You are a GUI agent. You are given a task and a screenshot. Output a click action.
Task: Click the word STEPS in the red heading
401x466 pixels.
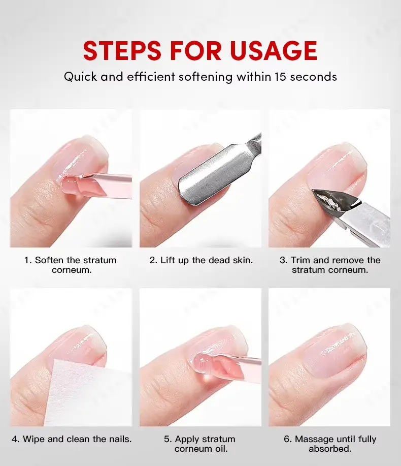pyautogui.click(x=122, y=50)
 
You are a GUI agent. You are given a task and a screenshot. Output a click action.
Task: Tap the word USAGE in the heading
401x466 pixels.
pyautogui.click(x=274, y=50)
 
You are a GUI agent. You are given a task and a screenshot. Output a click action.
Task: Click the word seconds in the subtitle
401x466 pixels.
pyautogui.click(x=313, y=77)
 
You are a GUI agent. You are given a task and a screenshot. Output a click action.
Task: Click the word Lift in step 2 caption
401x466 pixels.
pyautogui.click(x=168, y=260)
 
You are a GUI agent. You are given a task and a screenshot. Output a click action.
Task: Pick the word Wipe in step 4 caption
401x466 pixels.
pyautogui.click(x=34, y=439)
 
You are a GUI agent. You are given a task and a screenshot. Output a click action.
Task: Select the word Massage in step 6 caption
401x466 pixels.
pyautogui.click(x=314, y=439)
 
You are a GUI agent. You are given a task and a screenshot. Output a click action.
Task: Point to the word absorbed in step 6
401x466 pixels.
pyautogui.click(x=330, y=448)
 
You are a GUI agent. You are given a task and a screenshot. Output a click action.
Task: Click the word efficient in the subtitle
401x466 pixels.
pyautogui.click(x=151, y=77)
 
